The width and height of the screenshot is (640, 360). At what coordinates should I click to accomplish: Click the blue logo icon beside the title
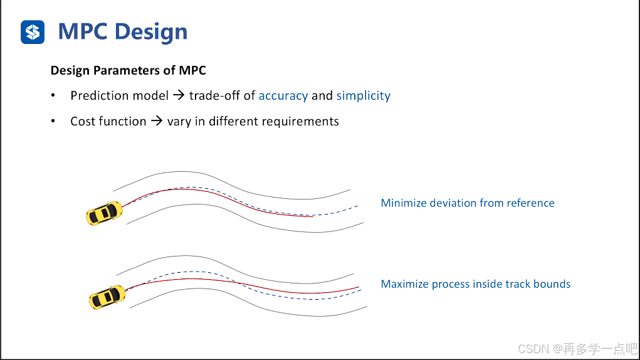[x=33, y=31]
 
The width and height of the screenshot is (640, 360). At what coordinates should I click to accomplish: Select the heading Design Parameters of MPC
[x=128, y=70]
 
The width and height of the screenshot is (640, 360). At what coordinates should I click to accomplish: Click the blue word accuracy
[x=283, y=96]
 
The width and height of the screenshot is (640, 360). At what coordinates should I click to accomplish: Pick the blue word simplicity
[x=363, y=96]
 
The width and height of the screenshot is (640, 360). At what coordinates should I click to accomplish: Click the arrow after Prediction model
[x=179, y=96]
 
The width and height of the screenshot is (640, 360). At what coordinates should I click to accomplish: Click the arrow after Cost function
[x=157, y=122]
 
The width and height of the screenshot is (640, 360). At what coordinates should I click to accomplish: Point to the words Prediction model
[x=119, y=96]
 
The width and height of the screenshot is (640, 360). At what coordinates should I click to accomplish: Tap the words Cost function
[x=108, y=122]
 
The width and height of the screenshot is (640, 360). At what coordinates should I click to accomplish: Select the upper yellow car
[x=104, y=213]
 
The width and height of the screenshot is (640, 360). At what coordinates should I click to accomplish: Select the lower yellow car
[x=108, y=296]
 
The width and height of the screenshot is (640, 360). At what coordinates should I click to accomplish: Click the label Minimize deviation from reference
[x=467, y=203]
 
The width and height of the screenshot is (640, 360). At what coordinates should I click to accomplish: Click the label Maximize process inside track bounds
[x=475, y=284]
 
